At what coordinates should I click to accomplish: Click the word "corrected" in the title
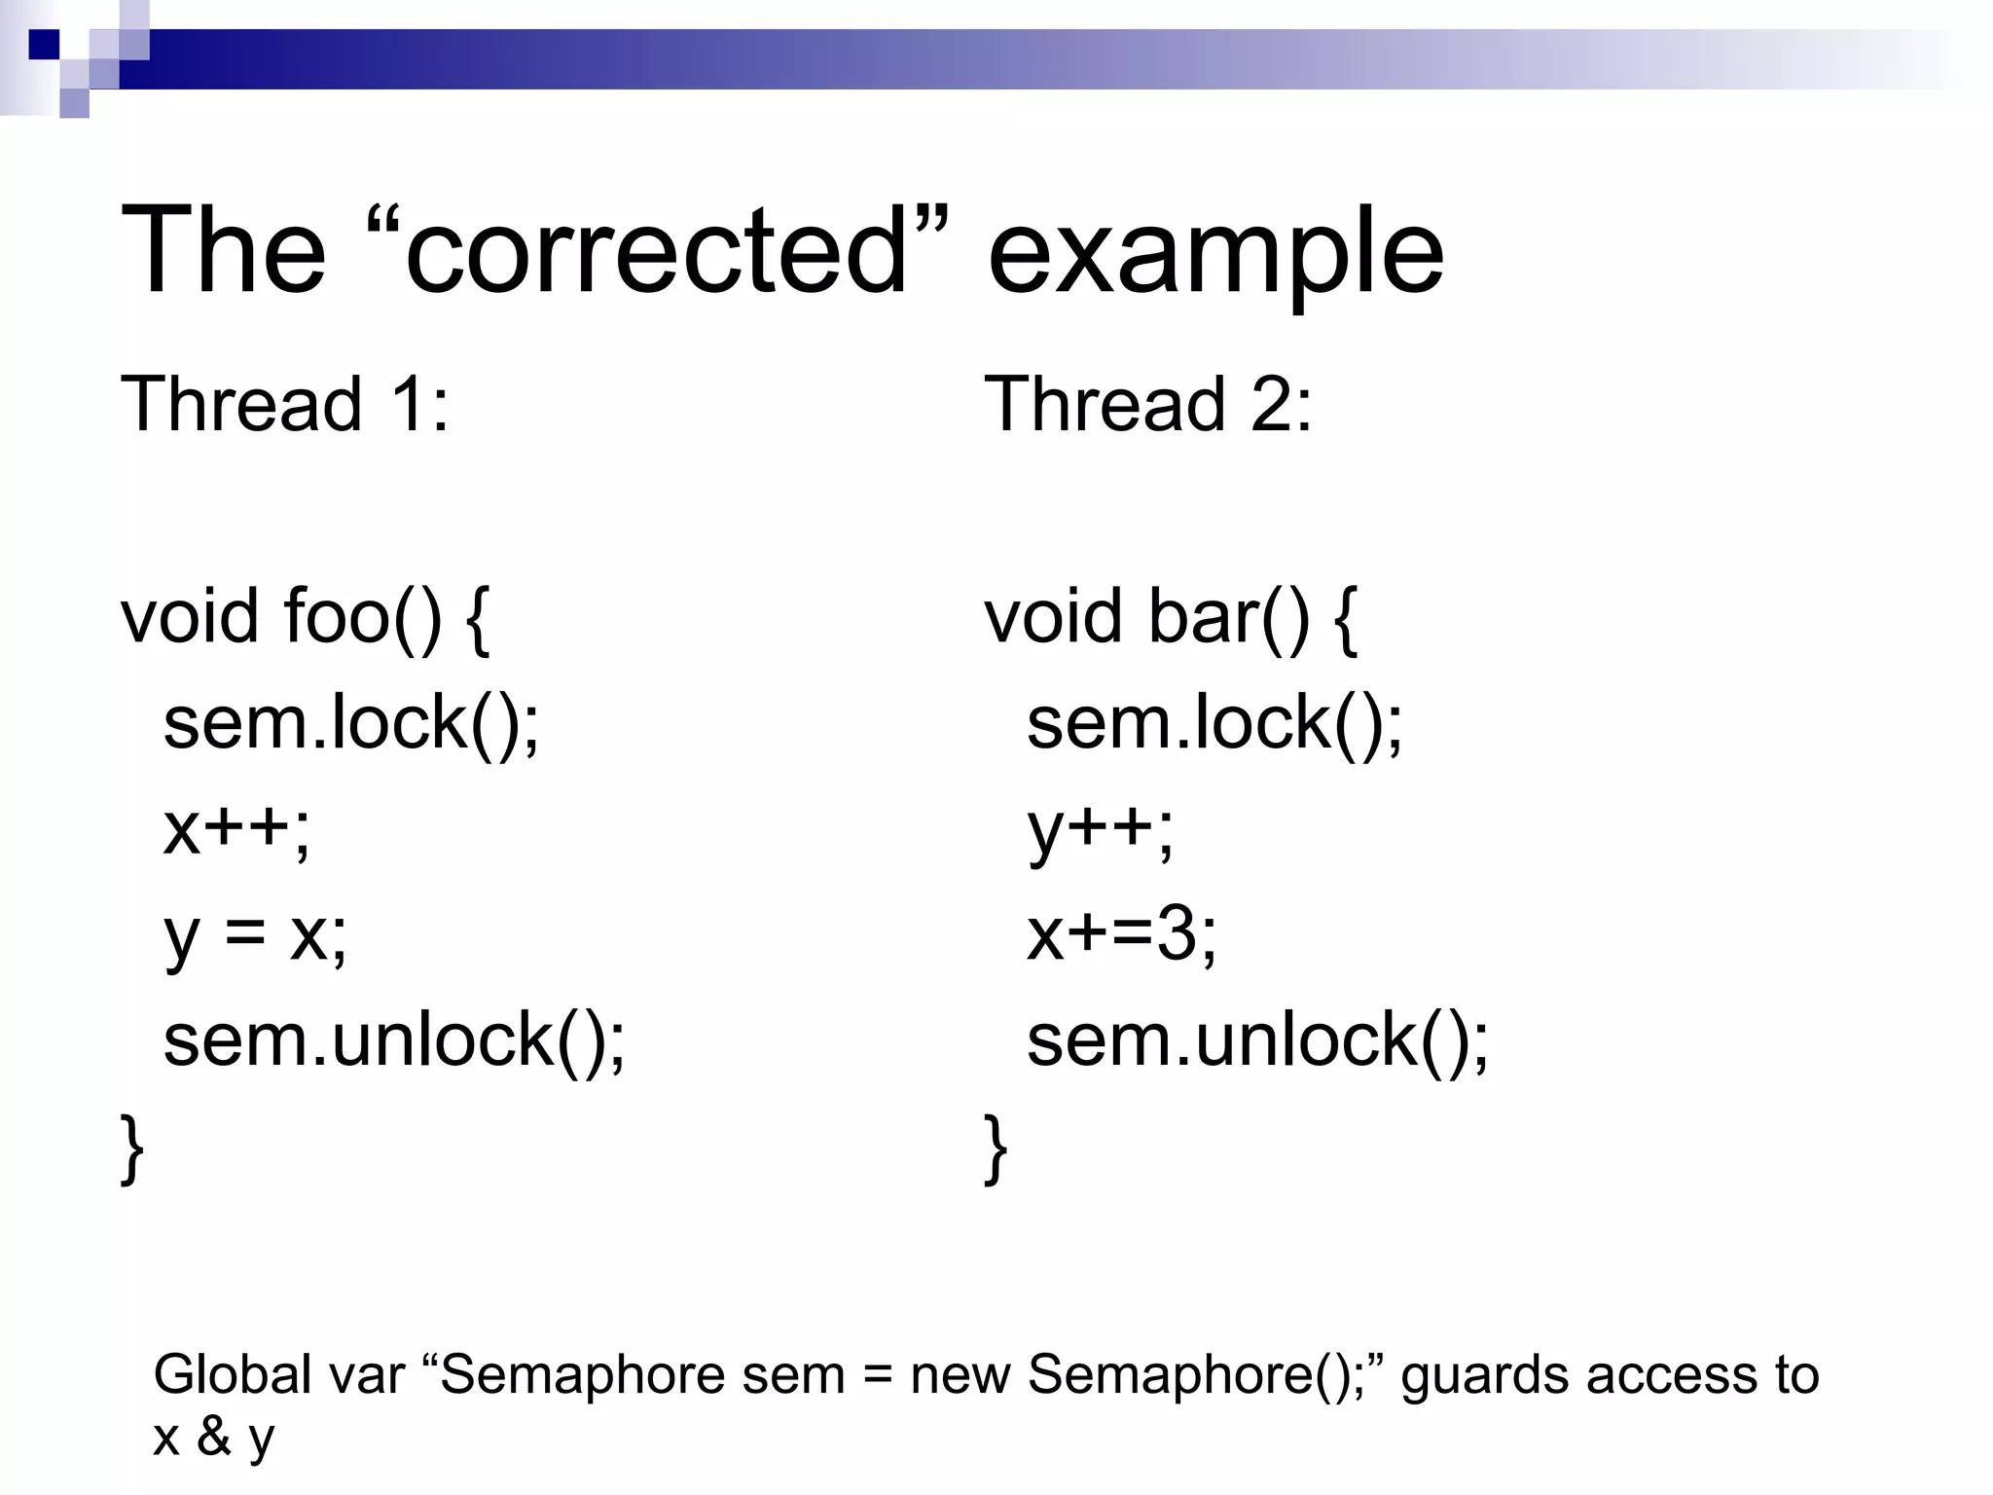click(x=656, y=251)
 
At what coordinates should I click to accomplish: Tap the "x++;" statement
click(x=236, y=829)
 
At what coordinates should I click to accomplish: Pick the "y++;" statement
click(x=1100, y=831)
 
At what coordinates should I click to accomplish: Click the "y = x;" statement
click(x=255, y=935)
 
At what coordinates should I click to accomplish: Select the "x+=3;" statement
click(x=1121, y=935)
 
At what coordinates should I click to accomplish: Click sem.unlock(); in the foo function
click(x=394, y=1041)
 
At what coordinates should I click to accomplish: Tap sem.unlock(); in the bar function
click(x=1257, y=1041)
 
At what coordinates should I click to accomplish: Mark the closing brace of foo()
click(x=132, y=1149)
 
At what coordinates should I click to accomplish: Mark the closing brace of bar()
click(x=996, y=1149)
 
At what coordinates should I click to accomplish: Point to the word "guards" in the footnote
click(x=1485, y=1376)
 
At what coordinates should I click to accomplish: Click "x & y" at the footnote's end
click(x=213, y=1437)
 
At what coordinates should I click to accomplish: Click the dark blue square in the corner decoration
click(x=44, y=45)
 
